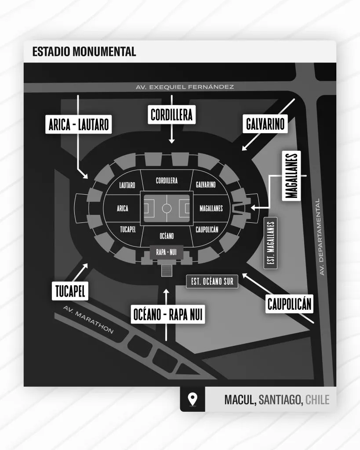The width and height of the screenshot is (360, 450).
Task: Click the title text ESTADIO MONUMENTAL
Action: click(x=84, y=51)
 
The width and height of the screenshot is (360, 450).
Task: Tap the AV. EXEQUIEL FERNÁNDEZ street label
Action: click(x=184, y=87)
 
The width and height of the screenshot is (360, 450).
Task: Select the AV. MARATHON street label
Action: click(x=88, y=320)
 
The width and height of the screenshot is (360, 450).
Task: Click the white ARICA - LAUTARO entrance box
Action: click(x=77, y=125)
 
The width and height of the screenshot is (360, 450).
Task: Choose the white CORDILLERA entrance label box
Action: click(x=171, y=116)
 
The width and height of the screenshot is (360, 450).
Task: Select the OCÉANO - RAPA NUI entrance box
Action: click(x=168, y=315)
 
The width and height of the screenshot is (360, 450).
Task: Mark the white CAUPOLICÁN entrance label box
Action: click(x=290, y=304)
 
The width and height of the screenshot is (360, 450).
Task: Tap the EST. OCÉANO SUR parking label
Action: click(x=212, y=282)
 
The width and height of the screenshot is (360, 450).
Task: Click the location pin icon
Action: click(x=192, y=399)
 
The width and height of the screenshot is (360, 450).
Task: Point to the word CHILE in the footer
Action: click(x=317, y=399)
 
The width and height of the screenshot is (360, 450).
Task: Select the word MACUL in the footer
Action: click(x=240, y=399)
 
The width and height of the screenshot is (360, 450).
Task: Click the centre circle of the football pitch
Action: click(x=167, y=208)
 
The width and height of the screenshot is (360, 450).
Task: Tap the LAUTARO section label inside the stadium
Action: click(x=127, y=185)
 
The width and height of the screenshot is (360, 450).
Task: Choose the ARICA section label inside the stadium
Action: click(x=123, y=208)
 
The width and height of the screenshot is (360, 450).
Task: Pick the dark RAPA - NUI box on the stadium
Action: click(x=167, y=251)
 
